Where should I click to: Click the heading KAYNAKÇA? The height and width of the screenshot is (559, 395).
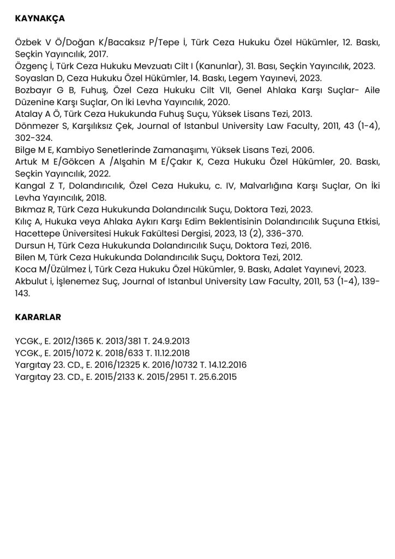(40, 19)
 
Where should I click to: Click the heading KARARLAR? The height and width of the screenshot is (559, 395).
(38, 316)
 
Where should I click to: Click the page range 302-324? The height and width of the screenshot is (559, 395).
(34, 138)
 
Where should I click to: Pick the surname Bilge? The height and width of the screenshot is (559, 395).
(25, 150)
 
